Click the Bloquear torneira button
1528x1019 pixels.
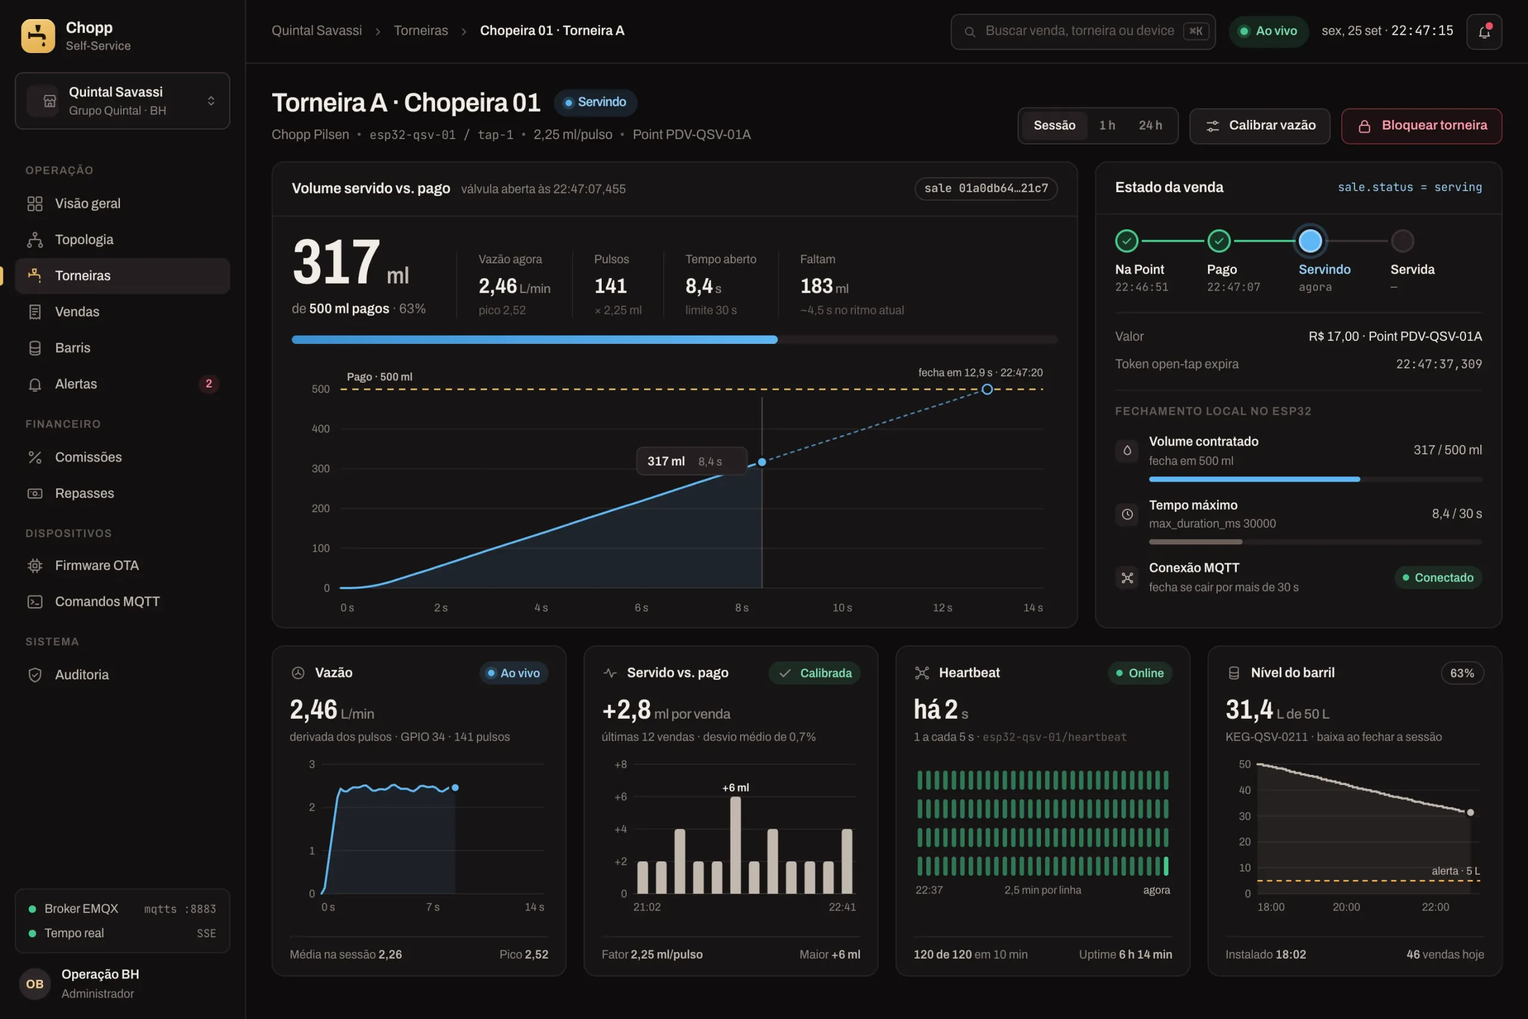pyautogui.click(x=1421, y=125)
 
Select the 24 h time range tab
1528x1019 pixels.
pyautogui.click(x=1150, y=125)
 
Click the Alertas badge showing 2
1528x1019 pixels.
pyautogui.click(x=208, y=383)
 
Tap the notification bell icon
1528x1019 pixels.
pyautogui.click(x=1484, y=31)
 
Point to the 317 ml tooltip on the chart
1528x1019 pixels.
pyautogui.click(x=691, y=461)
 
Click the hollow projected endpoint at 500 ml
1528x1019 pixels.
pyautogui.click(x=987, y=389)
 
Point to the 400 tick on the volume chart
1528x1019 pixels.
pyautogui.click(x=321, y=429)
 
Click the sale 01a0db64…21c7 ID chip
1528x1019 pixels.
pyautogui.click(x=985, y=189)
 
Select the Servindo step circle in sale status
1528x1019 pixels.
pyautogui.click(x=1310, y=241)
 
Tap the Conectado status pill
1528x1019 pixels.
pyautogui.click(x=1438, y=578)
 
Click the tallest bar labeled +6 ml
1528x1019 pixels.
pyautogui.click(x=735, y=845)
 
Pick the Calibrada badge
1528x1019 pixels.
pyautogui.click(x=815, y=673)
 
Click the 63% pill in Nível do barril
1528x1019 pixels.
pyautogui.click(x=1462, y=673)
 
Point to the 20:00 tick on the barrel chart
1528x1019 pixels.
pyautogui.click(x=1346, y=907)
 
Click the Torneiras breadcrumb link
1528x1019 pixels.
pyautogui.click(x=421, y=30)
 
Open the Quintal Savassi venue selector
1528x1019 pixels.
pyautogui.click(x=122, y=101)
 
